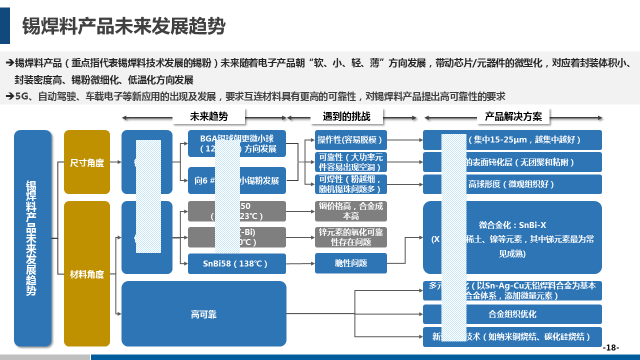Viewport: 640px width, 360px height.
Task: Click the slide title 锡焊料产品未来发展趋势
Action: point(123,26)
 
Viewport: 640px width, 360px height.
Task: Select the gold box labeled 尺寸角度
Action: point(87,162)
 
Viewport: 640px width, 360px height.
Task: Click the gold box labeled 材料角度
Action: point(87,274)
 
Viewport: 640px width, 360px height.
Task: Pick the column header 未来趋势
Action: point(208,116)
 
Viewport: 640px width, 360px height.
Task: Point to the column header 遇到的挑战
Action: point(346,116)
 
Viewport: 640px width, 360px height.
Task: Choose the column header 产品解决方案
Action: point(513,116)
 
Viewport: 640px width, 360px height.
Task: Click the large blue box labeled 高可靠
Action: point(203,314)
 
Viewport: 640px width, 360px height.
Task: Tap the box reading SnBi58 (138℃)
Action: point(236,263)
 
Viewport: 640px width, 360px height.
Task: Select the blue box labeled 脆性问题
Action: point(350,263)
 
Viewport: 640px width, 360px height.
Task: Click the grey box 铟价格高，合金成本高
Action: point(350,211)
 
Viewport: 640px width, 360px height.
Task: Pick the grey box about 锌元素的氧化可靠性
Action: point(350,237)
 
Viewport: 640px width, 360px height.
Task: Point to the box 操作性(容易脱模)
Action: point(350,140)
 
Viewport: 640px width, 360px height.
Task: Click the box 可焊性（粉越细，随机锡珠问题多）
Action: point(350,184)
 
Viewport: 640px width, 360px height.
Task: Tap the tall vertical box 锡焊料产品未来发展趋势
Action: point(32,238)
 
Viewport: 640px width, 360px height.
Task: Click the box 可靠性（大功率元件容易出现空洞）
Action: point(350,162)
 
